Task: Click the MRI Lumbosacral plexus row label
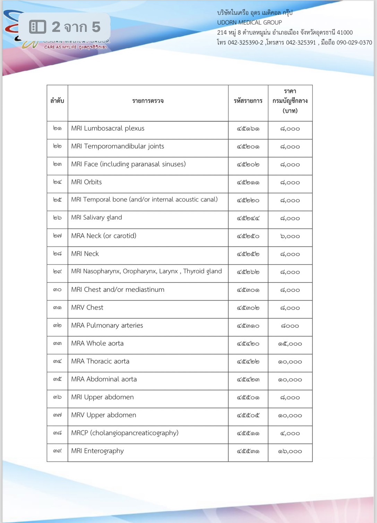pos(108,128)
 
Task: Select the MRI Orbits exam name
pos(86,182)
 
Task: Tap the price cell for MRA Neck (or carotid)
pos(290,236)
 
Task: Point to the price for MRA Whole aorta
pos(290,344)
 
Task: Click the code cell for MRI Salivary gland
pos(248,218)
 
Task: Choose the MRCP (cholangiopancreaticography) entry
pos(125,433)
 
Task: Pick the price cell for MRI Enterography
pos(290,452)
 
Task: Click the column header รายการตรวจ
pos(148,101)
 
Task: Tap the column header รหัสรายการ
pos(248,101)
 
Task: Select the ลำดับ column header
pos(57,101)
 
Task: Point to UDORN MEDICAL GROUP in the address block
pos(249,23)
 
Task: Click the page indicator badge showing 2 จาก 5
pos(65,27)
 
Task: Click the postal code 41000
pos(345,33)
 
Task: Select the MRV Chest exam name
pos(87,307)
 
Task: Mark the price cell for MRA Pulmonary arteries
pos(290,326)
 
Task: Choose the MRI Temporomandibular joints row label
pos(118,146)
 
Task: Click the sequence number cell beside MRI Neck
pos(57,254)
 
